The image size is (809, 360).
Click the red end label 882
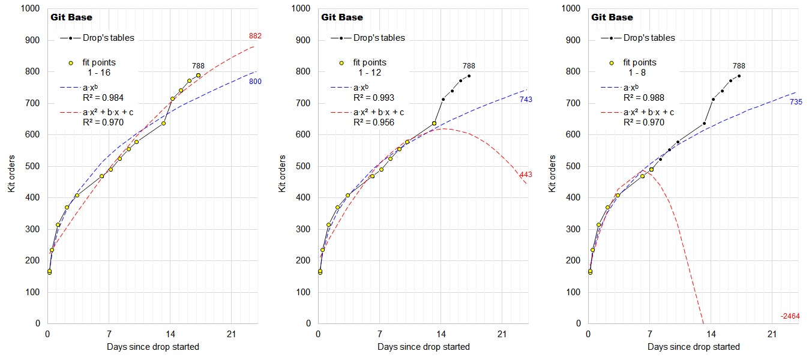255,37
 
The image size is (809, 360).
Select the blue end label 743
526,100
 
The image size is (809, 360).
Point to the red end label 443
526,175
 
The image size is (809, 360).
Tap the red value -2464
790,316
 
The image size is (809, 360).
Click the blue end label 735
796,102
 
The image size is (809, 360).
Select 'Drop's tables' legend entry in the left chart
109,38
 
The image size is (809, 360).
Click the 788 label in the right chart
739,66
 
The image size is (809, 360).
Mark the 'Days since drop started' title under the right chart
694,347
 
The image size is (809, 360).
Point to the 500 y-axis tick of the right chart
574,166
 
